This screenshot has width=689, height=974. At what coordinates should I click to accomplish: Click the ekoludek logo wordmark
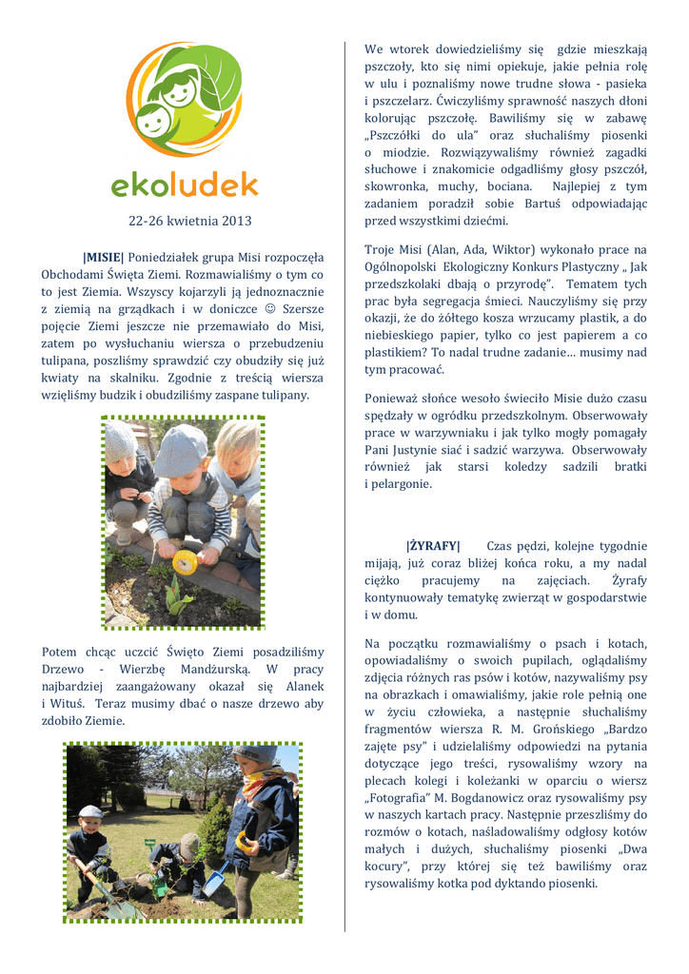(x=184, y=182)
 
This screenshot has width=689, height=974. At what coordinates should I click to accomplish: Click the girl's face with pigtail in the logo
(x=177, y=92)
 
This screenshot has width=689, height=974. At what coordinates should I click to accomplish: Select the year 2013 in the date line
(x=237, y=222)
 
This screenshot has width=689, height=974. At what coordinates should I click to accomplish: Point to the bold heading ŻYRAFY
(x=433, y=546)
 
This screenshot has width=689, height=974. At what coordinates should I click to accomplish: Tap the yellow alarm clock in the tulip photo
(x=183, y=564)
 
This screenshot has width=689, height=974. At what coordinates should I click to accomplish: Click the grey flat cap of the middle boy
(x=181, y=450)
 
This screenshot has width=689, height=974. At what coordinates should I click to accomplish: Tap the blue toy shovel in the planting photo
(x=215, y=879)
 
